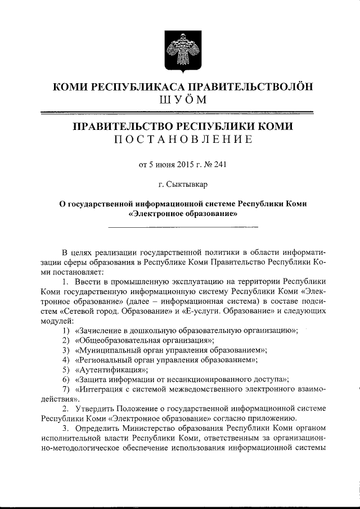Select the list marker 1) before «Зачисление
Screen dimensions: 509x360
click(x=66, y=331)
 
